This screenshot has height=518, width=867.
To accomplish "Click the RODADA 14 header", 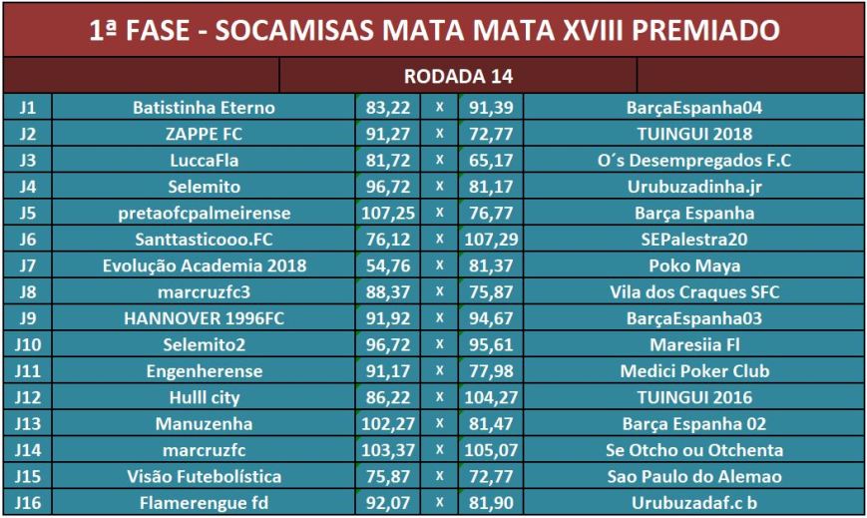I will click(x=457, y=76).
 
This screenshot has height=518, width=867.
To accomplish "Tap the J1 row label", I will click(x=26, y=107).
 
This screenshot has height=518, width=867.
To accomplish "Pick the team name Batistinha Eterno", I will click(x=204, y=107).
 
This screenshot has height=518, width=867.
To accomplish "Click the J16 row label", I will click(x=26, y=502).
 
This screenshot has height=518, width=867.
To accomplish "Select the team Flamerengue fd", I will click(x=204, y=502).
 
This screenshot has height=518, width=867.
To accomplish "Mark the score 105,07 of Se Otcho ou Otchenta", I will click(x=489, y=449).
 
